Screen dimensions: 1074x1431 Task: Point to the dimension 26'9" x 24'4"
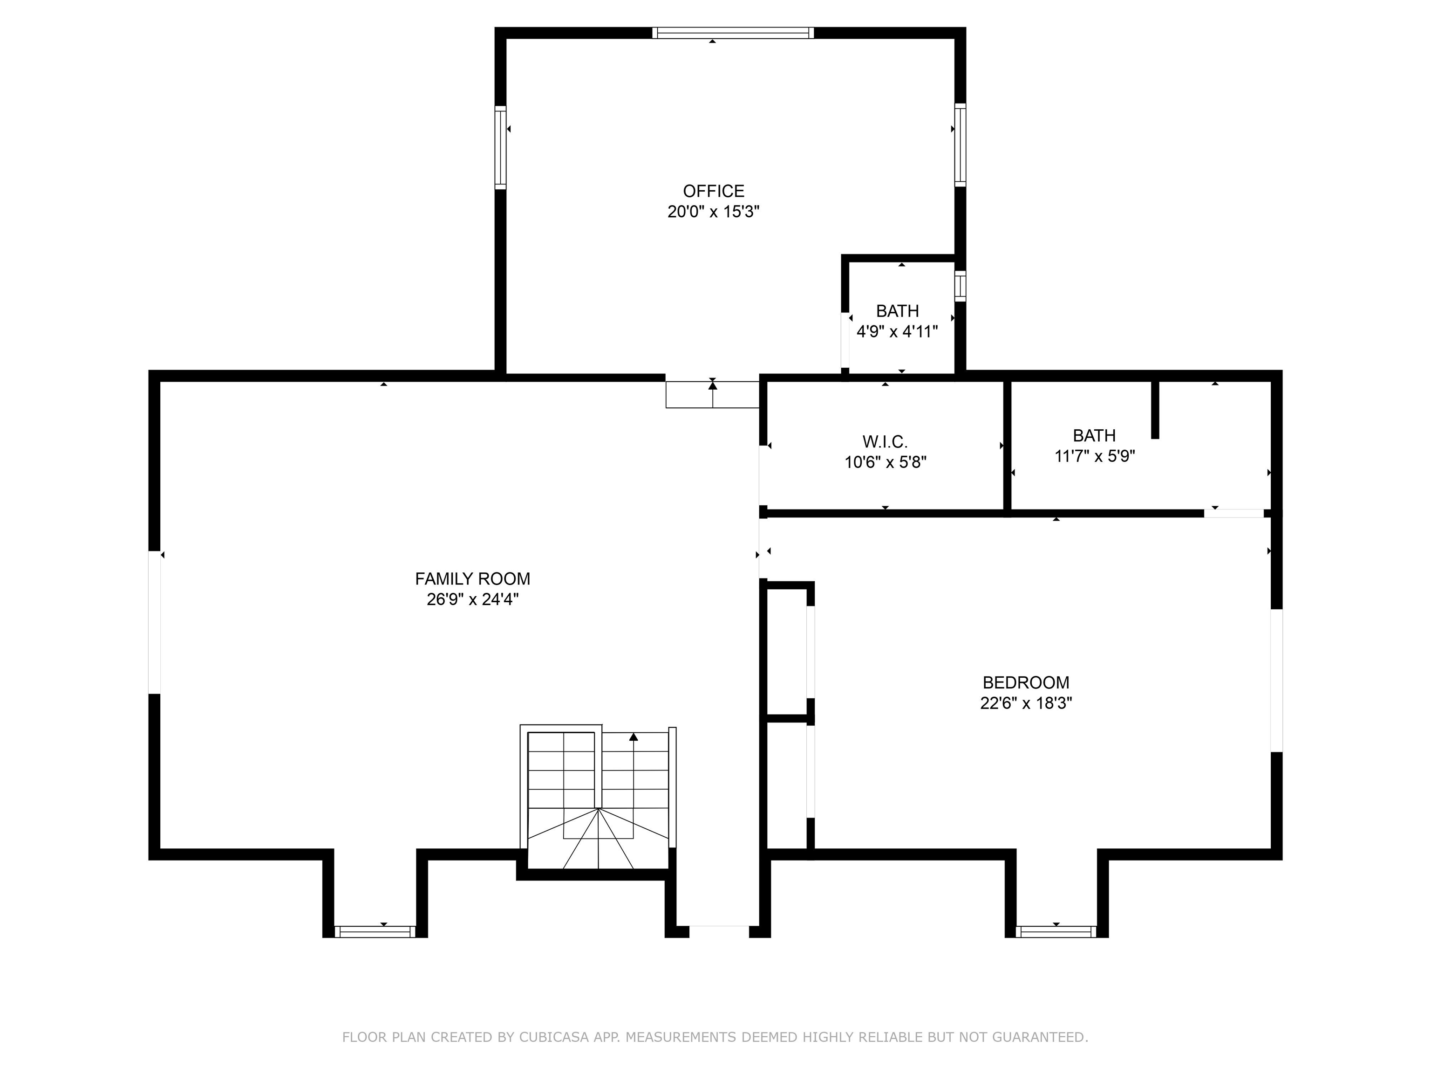tap(472, 599)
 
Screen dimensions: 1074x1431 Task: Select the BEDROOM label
tap(1025, 682)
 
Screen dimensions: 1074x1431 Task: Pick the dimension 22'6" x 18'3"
tap(1025, 703)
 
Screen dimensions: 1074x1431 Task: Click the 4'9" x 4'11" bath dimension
tap(897, 332)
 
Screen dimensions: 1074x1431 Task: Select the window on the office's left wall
tap(500, 148)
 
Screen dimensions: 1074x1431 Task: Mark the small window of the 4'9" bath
tap(960, 285)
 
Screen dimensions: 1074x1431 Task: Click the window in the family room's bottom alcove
tap(375, 931)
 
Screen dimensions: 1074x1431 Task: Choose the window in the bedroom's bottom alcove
tap(1056, 931)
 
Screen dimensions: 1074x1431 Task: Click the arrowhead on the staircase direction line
tap(634, 737)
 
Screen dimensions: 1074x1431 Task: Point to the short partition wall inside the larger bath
tap(1155, 409)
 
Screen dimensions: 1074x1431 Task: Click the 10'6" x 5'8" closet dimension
tap(885, 463)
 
